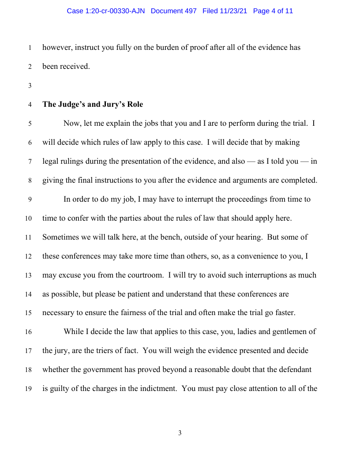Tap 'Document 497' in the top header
pos(173,11)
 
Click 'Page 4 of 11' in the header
pos(273,11)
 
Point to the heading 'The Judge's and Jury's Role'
pos(93,105)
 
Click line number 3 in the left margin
pos(30,86)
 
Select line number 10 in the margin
pos(29,218)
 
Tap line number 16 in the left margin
pos(29,332)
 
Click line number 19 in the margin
pos(29,389)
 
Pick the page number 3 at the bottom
pos(180,433)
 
